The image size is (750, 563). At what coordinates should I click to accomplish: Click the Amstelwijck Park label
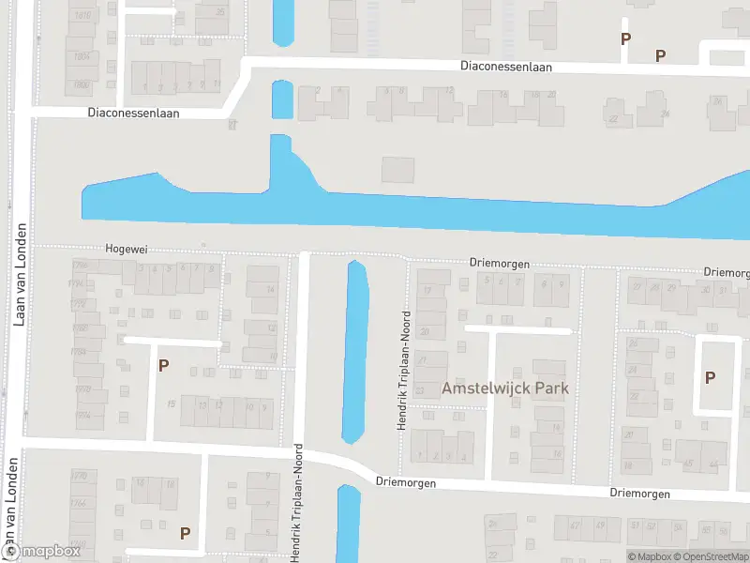coord(505,388)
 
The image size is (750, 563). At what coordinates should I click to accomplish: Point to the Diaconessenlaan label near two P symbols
coord(506,67)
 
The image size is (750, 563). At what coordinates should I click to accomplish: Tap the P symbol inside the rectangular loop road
coord(710,377)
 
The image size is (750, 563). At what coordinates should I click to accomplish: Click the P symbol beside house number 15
coord(163,365)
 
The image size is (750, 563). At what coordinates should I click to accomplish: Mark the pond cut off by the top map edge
coord(282,21)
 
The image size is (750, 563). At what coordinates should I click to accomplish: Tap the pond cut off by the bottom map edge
coord(348,523)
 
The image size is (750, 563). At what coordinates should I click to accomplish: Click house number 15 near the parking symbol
coord(172,403)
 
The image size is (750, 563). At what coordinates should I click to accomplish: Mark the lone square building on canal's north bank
coord(397,170)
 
